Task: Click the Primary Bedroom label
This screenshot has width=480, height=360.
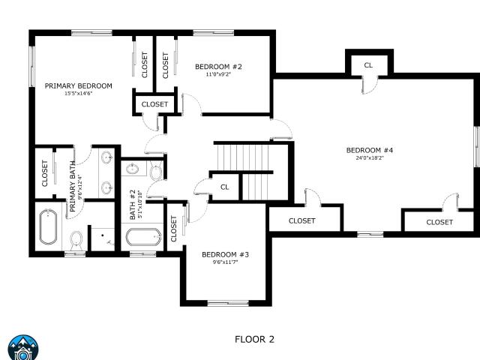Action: click(x=78, y=86)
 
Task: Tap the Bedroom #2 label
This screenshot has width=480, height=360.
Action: click(x=218, y=67)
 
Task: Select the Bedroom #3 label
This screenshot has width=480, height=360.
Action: click(x=225, y=255)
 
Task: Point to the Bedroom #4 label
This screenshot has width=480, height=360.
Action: click(x=370, y=150)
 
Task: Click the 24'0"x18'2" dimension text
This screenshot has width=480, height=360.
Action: click(x=370, y=158)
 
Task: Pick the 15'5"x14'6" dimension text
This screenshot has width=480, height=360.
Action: click(x=78, y=94)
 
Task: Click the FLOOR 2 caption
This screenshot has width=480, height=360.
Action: click(x=254, y=339)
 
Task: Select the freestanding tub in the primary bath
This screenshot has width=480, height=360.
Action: click(x=48, y=226)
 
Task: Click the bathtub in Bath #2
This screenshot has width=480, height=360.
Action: click(x=143, y=237)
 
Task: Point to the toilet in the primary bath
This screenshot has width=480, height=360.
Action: click(x=76, y=240)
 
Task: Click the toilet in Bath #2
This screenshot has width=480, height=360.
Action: click(x=156, y=172)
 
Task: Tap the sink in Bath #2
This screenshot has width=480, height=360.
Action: click(x=132, y=169)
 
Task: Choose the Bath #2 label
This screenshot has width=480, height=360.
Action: click(x=132, y=205)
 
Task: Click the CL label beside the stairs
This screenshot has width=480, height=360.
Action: click(x=225, y=187)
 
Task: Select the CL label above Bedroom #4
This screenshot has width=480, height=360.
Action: click(x=368, y=65)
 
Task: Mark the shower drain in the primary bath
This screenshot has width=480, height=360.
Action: click(x=103, y=235)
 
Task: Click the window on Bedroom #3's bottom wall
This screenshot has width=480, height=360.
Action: click(x=228, y=303)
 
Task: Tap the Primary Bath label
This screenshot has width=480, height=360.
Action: click(x=73, y=187)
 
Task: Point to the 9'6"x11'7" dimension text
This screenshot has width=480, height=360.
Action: click(x=225, y=262)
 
